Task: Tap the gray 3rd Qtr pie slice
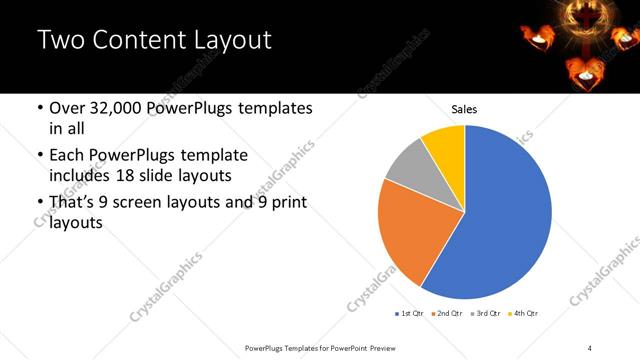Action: click(x=408, y=167)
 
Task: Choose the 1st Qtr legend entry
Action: click(x=411, y=314)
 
